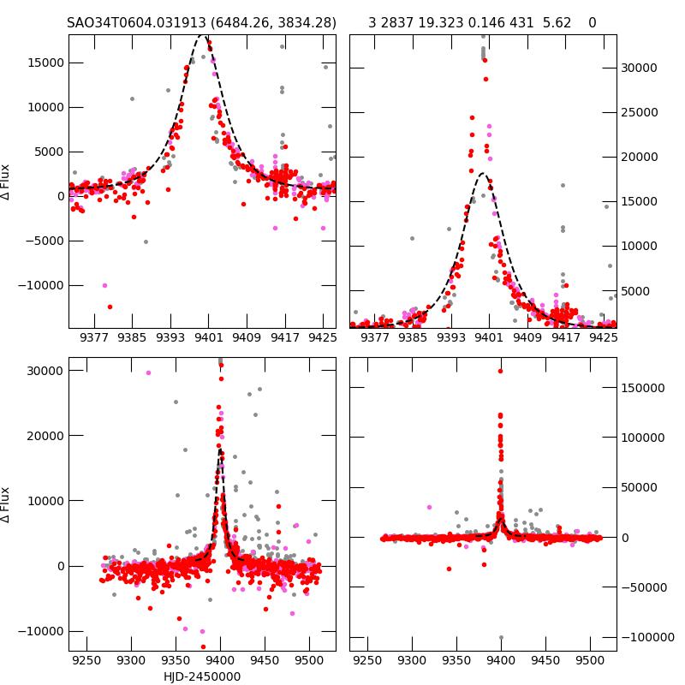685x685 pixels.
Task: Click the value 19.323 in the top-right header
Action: point(439,23)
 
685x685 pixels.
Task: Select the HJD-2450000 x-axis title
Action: point(202,676)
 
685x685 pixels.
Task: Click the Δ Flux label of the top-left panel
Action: point(7,182)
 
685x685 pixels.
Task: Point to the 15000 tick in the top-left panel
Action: point(43,63)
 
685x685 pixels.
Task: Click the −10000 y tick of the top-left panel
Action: point(40,285)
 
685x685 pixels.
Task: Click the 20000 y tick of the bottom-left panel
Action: point(43,436)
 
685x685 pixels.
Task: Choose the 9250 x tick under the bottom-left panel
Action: point(86,661)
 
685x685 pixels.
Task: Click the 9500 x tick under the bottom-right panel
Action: point(589,661)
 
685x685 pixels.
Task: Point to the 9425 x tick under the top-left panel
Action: point(323,337)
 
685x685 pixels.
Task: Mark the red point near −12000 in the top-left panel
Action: point(110,307)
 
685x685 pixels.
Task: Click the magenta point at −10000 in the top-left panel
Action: point(104,285)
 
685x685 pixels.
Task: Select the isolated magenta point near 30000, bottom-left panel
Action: point(148,372)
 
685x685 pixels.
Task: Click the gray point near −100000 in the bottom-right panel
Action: point(501,637)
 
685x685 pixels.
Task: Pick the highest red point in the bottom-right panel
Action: point(501,371)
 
